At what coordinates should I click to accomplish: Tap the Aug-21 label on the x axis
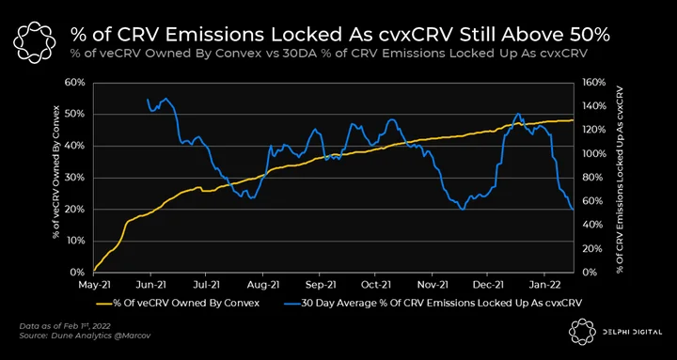tap(262, 286)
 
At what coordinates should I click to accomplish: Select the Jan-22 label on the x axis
tap(544, 286)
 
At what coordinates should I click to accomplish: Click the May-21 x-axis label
tap(94, 286)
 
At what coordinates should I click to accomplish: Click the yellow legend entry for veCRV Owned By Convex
tap(181, 303)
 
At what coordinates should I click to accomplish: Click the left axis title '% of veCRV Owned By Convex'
tap(56, 178)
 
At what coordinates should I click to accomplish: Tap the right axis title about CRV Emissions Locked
tap(620, 178)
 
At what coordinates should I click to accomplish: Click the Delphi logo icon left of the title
tap(35, 41)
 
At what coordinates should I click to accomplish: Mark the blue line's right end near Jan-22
tap(574, 210)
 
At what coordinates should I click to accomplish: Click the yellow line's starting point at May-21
tap(94, 271)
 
